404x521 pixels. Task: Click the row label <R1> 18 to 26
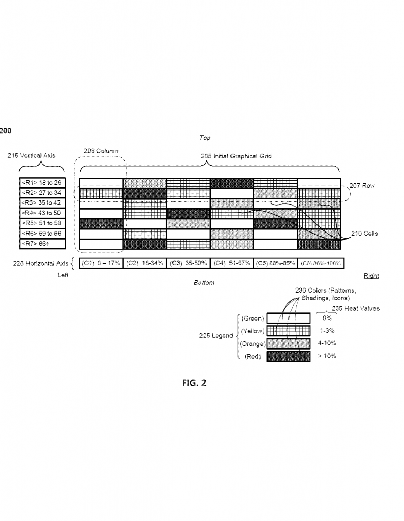point(42,183)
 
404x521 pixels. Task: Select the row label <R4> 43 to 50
point(42,213)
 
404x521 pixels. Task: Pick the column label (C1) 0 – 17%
point(101,263)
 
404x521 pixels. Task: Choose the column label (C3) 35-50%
point(188,263)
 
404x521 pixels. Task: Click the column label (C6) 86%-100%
point(321,263)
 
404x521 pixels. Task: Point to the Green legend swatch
point(288,318)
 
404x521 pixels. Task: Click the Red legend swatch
point(288,357)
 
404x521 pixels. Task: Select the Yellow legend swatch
point(288,331)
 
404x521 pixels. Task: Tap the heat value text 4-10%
point(327,343)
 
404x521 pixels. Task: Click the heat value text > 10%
point(327,356)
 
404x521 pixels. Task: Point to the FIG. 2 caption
point(194,383)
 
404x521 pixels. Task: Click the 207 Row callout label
point(362,185)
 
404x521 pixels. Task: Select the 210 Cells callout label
point(364,233)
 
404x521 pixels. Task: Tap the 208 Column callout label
point(101,151)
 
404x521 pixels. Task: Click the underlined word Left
point(63,275)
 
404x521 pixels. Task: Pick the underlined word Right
point(371,276)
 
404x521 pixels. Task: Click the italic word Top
point(205,138)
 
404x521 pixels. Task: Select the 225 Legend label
point(216,336)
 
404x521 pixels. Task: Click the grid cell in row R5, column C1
point(101,223)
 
